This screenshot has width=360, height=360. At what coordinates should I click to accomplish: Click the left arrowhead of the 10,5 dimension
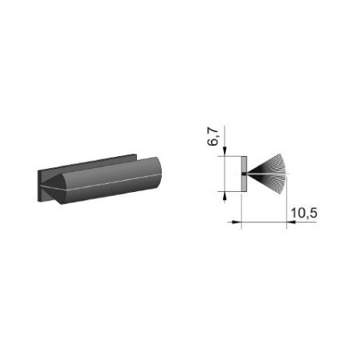pos(235,223)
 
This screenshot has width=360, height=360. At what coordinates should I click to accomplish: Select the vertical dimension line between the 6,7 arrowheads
pos(226,172)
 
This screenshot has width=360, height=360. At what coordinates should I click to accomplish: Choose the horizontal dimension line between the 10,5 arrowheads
pos(263,223)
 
